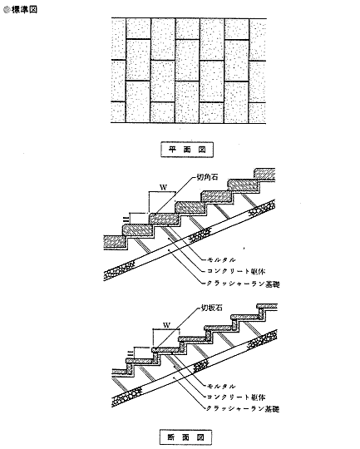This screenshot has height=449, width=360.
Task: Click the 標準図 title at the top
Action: (24, 9)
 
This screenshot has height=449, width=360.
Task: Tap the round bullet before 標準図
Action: (7, 10)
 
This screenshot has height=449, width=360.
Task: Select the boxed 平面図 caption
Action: (187, 150)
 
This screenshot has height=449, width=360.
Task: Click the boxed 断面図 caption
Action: (185, 437)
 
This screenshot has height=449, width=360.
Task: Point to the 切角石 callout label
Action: (207, 177)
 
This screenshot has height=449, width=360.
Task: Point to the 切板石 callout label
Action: (212, 308)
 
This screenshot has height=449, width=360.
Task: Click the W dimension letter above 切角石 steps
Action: (163, 187)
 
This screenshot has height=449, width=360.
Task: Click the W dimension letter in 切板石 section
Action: (166, 325)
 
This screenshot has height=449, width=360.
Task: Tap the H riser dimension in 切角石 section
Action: (125, 220)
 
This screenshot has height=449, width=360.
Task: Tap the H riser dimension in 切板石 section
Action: (130, 353)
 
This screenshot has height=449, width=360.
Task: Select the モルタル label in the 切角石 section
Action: (221, 259)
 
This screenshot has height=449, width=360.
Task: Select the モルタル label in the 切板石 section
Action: (221, 387)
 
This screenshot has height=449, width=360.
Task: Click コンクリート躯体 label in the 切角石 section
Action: (236, 271)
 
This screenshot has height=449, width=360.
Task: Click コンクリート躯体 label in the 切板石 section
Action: (236, 397)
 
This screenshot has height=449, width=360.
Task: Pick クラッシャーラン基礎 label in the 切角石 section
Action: (243, 284)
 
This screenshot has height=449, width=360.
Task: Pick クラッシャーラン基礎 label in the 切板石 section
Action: (243, 408)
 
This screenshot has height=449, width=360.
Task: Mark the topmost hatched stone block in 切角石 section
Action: (264, 175)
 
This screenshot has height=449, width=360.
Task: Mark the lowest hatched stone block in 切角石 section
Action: (115, 242)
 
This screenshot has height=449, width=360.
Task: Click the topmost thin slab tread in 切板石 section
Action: (267, 306)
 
